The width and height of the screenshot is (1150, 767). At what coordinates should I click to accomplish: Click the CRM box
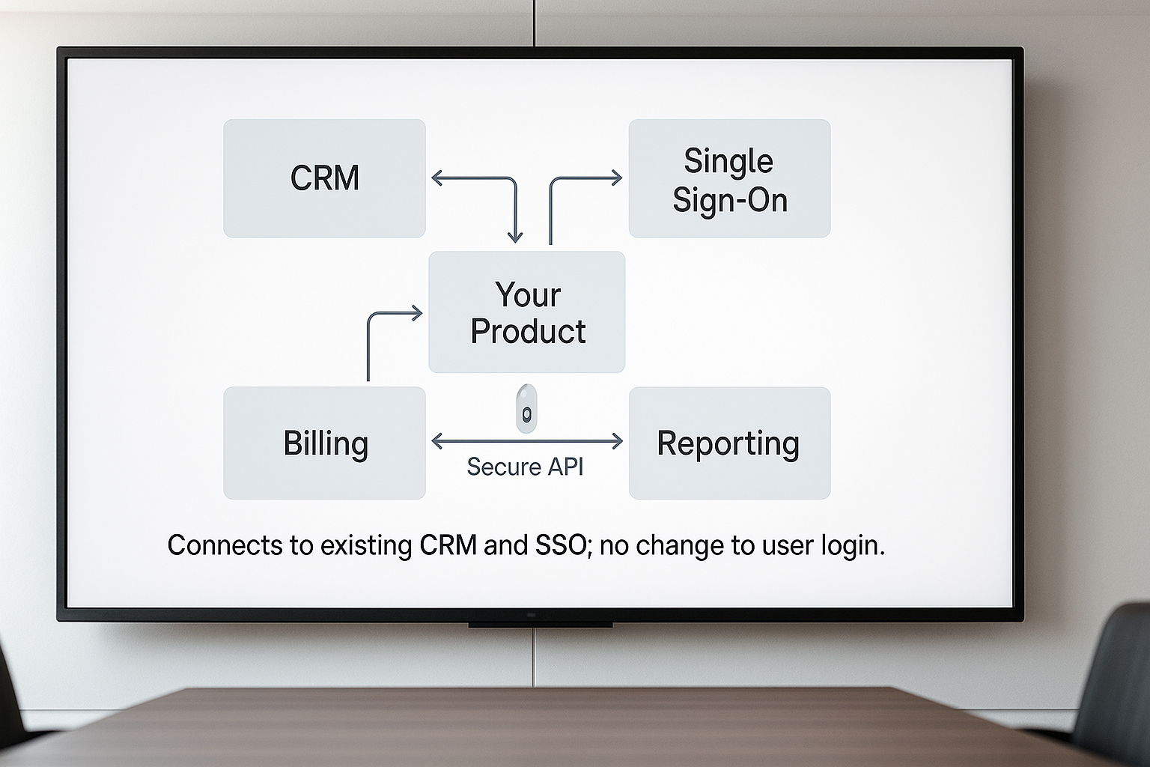click(x=324, y=178)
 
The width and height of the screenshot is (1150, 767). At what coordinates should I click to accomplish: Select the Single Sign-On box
click(x=729, y=178)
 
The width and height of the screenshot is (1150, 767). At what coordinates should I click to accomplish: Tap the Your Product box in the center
click(x=526, y=312)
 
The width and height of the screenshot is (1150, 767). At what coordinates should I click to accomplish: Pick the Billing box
click(x=324, y=443)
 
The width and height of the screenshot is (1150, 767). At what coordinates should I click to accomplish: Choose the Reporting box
click(x=729, y=443)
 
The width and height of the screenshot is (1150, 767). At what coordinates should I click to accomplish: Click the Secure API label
click(x=525, y=467)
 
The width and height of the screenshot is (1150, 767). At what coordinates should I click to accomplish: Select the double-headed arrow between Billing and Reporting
click(x=527, y=441)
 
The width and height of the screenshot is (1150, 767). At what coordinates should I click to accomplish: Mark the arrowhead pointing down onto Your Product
click(x=514, y=237)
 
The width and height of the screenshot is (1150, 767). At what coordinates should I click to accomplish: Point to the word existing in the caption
click(x=366, y=545)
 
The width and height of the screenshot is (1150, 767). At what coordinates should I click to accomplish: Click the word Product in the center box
click(x=528, y=331)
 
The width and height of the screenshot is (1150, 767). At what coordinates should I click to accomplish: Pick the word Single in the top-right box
click(x=728, y=161)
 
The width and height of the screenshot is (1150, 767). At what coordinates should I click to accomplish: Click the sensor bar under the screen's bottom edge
click(x=540, y=624)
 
